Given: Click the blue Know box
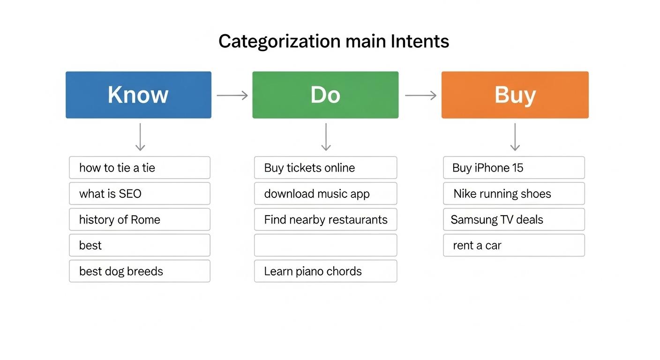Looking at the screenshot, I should point(138,95).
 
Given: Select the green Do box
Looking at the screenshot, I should point(325,95).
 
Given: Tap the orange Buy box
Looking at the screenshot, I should point(515,95).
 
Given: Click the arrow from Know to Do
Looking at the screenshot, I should point(232,96).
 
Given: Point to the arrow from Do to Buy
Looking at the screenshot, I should point(420,96).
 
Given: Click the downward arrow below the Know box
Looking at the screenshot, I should point(140,137).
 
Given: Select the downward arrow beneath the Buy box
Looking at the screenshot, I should point(515,137).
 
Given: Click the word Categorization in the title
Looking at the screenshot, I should point(279,41).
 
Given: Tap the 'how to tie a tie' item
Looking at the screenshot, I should point(140,168).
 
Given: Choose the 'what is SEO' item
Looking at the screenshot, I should point(140,194).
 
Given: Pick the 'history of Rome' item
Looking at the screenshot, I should point(140,219).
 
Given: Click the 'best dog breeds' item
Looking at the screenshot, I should point(140,271).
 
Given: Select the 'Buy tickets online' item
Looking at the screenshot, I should point(325,168).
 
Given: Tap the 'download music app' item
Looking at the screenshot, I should point(325,194).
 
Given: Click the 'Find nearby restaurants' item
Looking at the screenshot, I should point(325,219).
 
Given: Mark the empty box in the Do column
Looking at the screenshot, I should point(325,245).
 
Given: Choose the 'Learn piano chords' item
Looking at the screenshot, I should point(325,271).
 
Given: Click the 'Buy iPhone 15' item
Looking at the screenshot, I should point(514,168).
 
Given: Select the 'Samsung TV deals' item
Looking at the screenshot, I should point(514,219).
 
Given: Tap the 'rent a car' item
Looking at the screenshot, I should point(514,245).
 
